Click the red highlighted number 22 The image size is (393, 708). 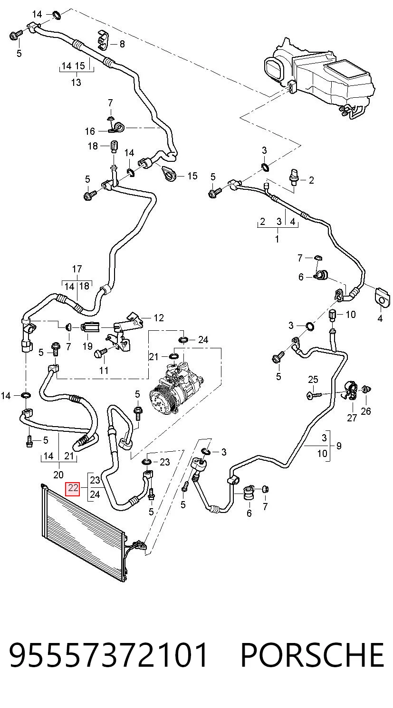[72, 488]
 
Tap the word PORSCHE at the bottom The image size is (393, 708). [313, 655]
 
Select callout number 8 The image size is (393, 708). [122, 44]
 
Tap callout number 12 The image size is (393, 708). [159, 317]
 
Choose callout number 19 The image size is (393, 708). [87, 346]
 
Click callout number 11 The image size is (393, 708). [104, 370]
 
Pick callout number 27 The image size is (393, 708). [352, 418]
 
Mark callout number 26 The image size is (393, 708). [366, 411]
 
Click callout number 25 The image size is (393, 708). [313, 379]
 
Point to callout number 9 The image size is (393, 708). [339, 446]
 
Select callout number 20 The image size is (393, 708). [58, 475]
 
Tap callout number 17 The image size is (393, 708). [77, 269]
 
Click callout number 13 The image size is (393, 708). [76, 83]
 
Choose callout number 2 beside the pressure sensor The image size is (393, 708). [311, 180]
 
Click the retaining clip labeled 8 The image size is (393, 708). [103, 40]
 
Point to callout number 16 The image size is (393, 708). [90, 131]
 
